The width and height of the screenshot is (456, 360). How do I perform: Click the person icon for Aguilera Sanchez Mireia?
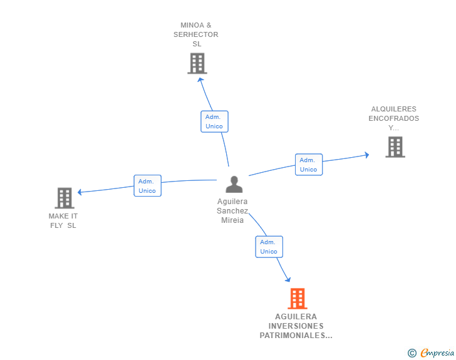pyautogui.click(x=234, y=184)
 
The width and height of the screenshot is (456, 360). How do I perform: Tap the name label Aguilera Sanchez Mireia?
pyautogui.click(x=232, y=211)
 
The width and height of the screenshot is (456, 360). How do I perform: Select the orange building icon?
pyautogui.click(x=298, y=299)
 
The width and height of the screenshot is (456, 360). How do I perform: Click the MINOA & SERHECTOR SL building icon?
pyautogui.click(x=197, y=63)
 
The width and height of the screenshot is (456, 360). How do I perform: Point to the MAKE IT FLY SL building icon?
pyautogui.click(x=65, y=198)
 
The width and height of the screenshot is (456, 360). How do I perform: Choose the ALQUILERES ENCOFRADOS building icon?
pyautogui.click(x=395, y=147)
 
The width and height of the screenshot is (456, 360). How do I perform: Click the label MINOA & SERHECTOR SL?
pyautogui.click(x=196, y=35)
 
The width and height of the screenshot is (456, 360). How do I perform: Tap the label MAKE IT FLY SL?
pyautogui.click(x=63, y=221)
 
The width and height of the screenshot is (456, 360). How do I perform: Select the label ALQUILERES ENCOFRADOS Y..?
pyautogui.click(x=393, y=118)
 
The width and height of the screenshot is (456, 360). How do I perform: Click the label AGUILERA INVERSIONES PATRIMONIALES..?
pyautogui.click(x=296, y=326)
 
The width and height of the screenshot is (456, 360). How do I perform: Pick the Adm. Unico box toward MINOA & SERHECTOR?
pyautogui.click(x=214, y=121)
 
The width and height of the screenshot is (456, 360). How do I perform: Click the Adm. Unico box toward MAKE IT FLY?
pyautogui.click(x=147, y=186)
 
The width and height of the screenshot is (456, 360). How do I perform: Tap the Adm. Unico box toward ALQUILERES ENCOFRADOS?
pyautogui.click(x=308, y=165)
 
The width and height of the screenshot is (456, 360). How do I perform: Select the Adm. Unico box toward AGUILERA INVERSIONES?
pyautogui.click(x=269, y=247)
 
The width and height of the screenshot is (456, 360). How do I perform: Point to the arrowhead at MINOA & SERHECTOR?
pyautogui.click(x=200, y=80)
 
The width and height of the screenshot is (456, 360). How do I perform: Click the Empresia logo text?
pyautogui.click(x=437, y=353)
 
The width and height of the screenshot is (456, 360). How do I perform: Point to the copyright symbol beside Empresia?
pyautogui.click(x=412, y=353)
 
